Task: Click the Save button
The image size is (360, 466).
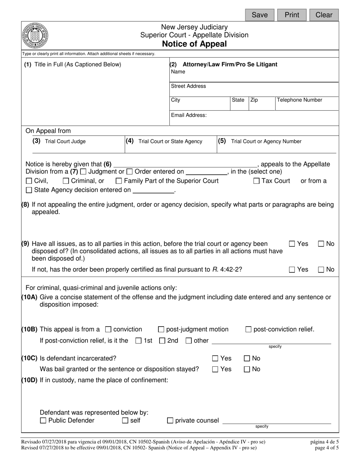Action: [260, 15]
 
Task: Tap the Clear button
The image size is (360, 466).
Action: [324, 15]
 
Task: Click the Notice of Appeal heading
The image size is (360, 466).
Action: [194, 44]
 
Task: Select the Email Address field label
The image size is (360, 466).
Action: [189, 115]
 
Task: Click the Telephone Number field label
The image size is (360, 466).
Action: [299, 100]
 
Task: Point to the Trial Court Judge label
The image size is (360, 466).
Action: [65, 141]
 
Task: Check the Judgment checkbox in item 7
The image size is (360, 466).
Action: [83, 172]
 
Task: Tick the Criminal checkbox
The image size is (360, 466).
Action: [66, 181]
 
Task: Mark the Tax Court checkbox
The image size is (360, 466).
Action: [257, 181]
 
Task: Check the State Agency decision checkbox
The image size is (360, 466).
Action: [29, 190]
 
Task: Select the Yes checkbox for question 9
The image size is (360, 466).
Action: [292, 244]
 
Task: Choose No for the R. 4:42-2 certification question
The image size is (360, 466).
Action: [321, 270]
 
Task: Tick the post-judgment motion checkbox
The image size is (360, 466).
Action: [161, 330]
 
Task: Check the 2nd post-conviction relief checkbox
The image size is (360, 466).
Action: [162, 341]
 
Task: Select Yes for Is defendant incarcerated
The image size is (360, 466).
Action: [215, 358]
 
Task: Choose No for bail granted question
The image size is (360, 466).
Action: [247, 369]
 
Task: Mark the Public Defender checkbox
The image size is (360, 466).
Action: [43, 421]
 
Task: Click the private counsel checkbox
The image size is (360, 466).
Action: [170, 421]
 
